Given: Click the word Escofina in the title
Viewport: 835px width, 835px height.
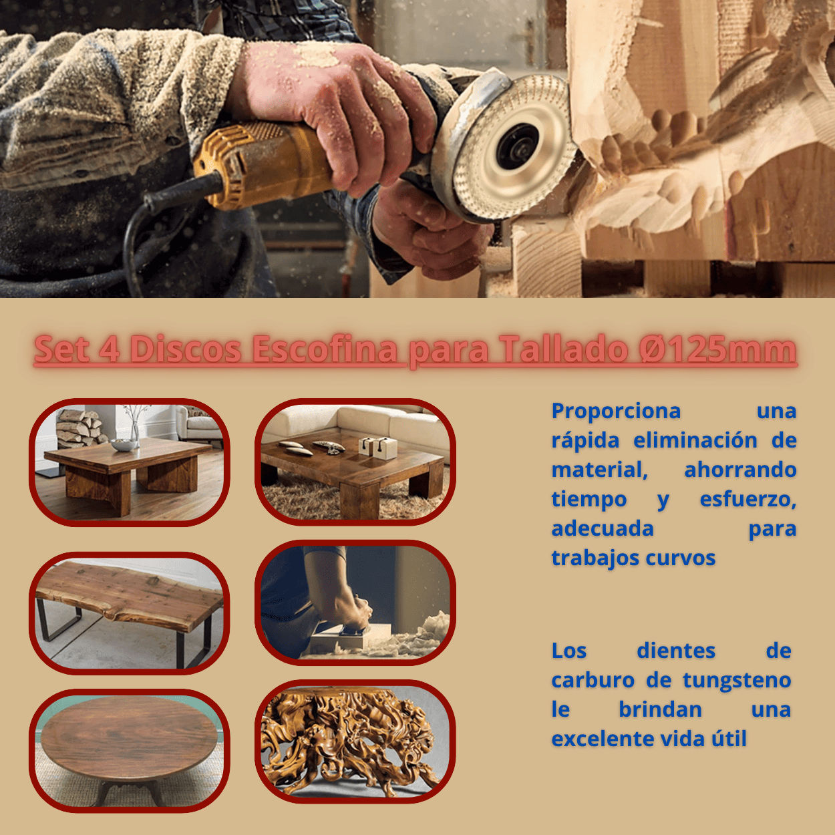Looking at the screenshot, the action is [325, 349].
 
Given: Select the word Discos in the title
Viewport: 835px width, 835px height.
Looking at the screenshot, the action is [186, 349].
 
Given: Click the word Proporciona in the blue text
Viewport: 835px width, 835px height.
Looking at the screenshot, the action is [616, 411].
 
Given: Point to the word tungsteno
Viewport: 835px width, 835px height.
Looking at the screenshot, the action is [737, 680].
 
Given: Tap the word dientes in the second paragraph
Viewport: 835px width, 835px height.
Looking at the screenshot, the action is [676, 651].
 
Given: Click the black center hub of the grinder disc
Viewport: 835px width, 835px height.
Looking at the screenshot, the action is [517, 146].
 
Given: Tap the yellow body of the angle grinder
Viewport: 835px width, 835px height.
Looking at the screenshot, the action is [260, 162].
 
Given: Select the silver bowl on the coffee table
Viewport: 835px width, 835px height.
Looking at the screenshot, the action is [124, 445].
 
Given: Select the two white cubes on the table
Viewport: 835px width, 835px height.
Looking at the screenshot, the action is [378, 448].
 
